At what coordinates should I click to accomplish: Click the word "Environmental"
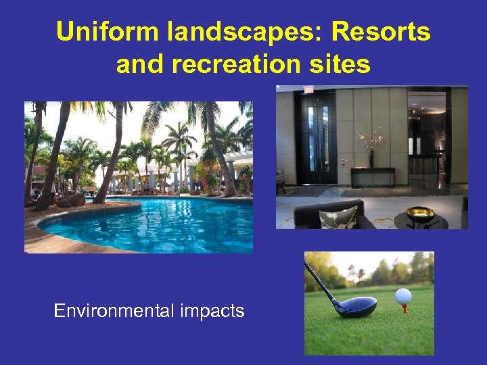point(114,311)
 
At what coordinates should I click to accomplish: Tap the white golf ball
point(403,296)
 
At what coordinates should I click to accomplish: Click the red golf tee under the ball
point(404,308)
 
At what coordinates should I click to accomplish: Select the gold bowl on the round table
point(419,214)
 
